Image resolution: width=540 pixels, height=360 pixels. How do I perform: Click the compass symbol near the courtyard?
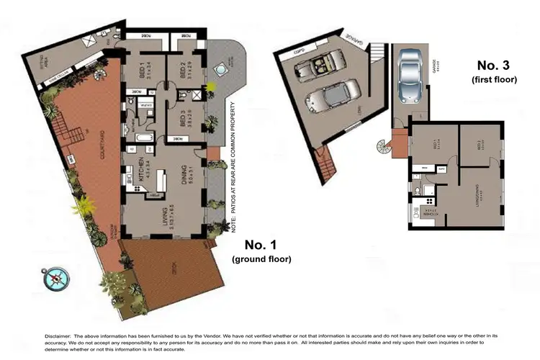(x=56, y=278)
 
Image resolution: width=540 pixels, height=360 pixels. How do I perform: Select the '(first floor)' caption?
(x=495, y=80)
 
